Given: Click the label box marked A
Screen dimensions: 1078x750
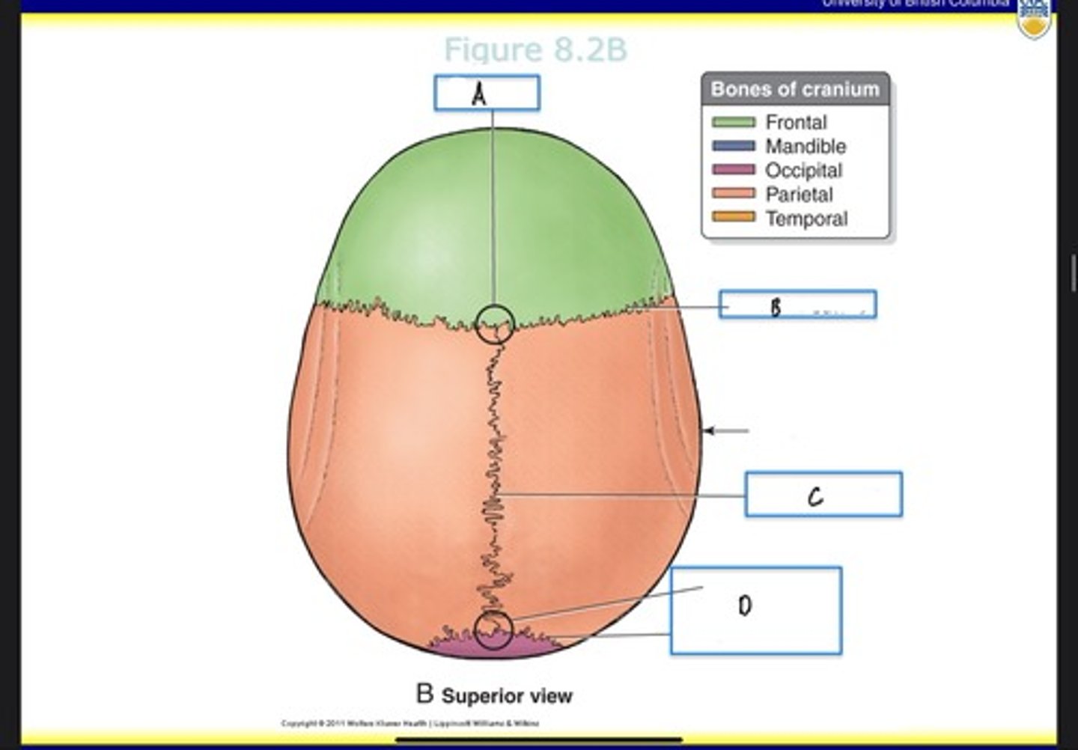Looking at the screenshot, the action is point(487,94).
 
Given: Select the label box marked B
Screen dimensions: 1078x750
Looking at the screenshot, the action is point(797,305).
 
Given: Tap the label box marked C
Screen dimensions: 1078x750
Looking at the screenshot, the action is point(823,494).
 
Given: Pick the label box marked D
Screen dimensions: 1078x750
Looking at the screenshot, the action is point(756,610).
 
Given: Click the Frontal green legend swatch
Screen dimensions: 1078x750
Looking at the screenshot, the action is point(733,122).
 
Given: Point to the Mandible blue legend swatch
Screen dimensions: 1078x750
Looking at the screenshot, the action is point(733,146).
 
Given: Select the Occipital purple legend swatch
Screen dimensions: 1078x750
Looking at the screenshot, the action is point(733,170).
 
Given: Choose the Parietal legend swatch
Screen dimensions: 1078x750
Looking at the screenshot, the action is point(733,195).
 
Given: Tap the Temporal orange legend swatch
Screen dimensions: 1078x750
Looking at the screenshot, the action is point(733,218).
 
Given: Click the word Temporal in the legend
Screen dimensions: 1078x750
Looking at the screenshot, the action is point(806,219).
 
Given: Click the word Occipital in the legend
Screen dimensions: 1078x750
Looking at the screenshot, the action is point(803,171).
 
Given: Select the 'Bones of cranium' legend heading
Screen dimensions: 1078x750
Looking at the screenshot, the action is point(795,89).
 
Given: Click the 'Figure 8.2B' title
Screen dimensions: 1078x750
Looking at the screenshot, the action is point(535,50).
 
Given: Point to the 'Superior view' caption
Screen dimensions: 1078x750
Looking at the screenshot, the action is point(507,695).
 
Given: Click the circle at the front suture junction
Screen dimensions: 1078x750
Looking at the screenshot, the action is point(495,324).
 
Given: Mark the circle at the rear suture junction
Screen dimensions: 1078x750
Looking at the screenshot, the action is point(493,629).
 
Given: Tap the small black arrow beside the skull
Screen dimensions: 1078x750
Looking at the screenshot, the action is point(725,430).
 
